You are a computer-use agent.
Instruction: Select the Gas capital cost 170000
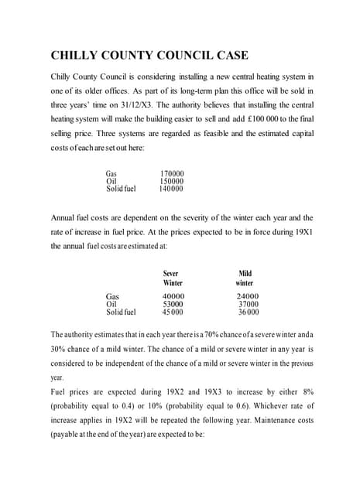(x=171, y=173)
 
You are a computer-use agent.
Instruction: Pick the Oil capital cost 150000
(x=171, y=181)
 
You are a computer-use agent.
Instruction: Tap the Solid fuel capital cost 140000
(x=171, y=188)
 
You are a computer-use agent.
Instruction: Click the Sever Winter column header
(x=172, y=278)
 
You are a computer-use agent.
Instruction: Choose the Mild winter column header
(x=245, y=278)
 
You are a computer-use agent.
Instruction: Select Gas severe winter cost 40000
(x=173, y=296)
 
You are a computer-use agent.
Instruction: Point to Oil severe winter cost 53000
(x=173, y=304)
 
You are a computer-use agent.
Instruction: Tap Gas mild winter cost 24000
(x=247, y=296)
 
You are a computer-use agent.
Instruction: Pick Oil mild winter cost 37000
(x=248, y=304)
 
